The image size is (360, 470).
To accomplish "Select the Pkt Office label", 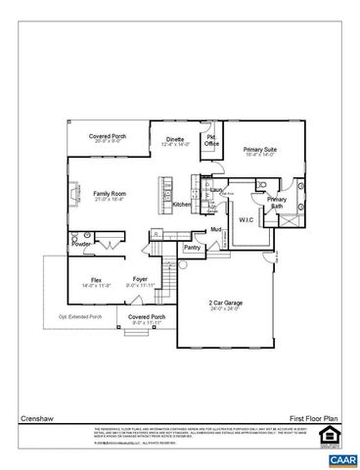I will click(211, 140).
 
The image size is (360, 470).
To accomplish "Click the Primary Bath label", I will click(277, 203).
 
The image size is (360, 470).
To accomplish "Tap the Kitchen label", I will click(182, 205).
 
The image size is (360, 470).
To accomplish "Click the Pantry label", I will click(192, 247).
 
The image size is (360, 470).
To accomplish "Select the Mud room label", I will click(216, 229).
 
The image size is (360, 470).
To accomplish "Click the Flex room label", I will click(96, 282).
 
